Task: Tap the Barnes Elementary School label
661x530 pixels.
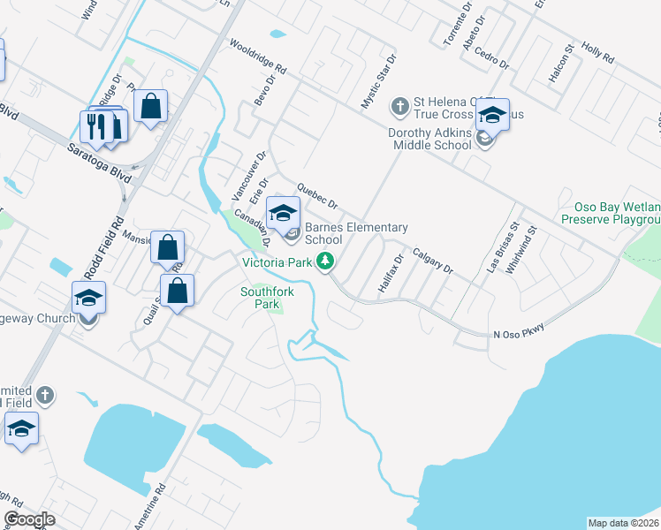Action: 356,233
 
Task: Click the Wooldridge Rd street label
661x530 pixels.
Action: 258,55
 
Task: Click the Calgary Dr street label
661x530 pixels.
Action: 432,261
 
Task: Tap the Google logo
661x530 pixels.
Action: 29,519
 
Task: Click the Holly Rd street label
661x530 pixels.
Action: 597,50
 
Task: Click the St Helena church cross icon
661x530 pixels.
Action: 399,106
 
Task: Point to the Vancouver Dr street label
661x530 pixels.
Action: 248,175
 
